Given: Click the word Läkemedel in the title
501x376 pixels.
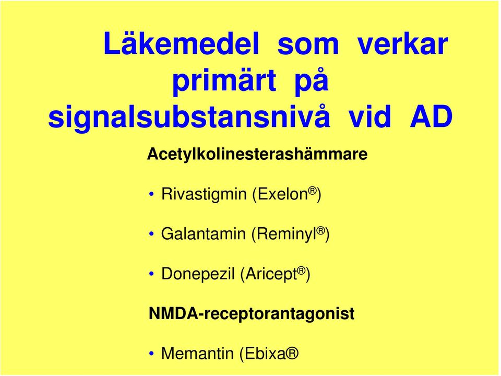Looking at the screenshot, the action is tap(181, 43).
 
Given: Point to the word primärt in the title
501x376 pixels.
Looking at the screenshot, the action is tap(224, 81).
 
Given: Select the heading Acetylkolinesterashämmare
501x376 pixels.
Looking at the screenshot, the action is tap(257, 155).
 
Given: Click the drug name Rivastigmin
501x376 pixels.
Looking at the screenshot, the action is tap(204, 194).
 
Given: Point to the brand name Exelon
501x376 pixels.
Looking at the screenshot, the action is tap(280, 194).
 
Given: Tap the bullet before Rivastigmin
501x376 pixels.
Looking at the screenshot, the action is tap(152, 194).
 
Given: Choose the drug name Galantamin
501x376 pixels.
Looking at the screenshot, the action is tap(203, 234).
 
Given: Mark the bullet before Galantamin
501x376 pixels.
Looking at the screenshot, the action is tap(152, 234).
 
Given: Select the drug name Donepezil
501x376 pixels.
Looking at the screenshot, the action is tap(198, 274).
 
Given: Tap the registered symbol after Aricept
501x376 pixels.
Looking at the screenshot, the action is tap(301, 271).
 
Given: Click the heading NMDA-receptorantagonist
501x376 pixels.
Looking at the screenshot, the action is tap(252, 314).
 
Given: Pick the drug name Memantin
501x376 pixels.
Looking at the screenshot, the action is tap(197, 354).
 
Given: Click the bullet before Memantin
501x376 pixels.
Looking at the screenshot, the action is tap(152, 354).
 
